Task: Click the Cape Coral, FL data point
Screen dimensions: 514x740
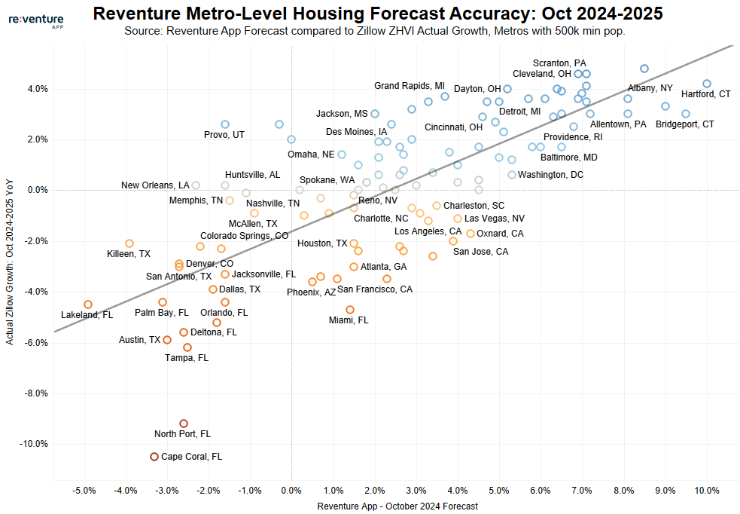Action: click(154, 457)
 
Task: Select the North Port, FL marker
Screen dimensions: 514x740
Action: click(184, 424)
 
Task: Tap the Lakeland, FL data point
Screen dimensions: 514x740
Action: click(88, 304)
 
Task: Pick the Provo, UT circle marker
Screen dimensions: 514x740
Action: click(225, 124)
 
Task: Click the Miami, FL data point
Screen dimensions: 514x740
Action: click(350, 310)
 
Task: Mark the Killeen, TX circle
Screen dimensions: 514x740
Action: click(129, 243)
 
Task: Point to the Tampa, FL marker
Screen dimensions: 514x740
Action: click(187, 347)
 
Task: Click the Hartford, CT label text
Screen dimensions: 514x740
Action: click(705, 95)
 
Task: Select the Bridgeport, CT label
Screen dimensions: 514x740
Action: click(684, 124)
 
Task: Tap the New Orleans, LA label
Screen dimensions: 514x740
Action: click(155, 185)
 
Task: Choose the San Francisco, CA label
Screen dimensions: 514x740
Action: click(374, 289)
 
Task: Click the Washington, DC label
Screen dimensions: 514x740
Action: click(551, 175)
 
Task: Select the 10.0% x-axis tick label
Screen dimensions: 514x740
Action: click(707, 491)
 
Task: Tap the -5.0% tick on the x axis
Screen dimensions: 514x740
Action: click(84, 491)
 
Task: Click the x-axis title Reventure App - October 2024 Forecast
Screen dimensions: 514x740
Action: click(397, 506)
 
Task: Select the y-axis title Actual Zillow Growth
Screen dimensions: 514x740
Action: click(10, 266)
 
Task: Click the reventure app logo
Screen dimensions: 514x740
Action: click(35, 20)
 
